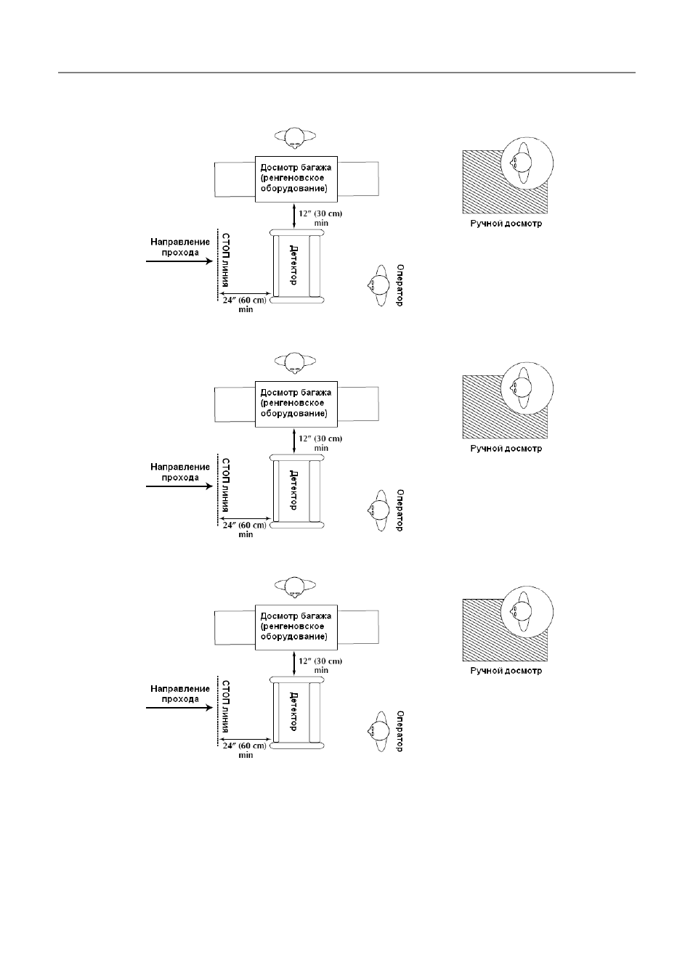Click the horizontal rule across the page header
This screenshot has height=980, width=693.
coord(346,73)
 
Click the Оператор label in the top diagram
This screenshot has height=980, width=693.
coord(400,285)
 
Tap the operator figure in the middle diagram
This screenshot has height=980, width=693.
coord(378,510)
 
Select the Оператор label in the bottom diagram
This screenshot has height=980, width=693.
coord(400,731)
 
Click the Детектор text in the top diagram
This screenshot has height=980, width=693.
coord(293,265)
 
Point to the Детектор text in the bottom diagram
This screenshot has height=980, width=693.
coord(293,711)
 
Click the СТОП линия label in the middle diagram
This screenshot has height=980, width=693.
coord(225,485)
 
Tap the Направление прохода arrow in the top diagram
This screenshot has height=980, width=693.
coord(179,261)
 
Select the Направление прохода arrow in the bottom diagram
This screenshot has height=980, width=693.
coord(179,708)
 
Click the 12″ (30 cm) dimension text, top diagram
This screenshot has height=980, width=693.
coord(320,214)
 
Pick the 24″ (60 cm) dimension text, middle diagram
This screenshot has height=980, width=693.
coord(245,525)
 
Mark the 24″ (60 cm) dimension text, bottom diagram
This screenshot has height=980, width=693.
coord(245,746)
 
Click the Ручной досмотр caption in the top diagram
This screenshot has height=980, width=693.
coord(506,224)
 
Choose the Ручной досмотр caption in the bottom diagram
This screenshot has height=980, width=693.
coord(506,671)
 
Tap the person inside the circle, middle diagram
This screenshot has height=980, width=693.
coord(521,388)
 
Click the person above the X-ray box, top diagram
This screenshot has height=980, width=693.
coord(295,137)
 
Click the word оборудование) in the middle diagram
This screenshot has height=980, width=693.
coord(293,414)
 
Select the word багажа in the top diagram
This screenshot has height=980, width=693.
coord(317,168)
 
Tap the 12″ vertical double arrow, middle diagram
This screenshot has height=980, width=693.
coord(293,441)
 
